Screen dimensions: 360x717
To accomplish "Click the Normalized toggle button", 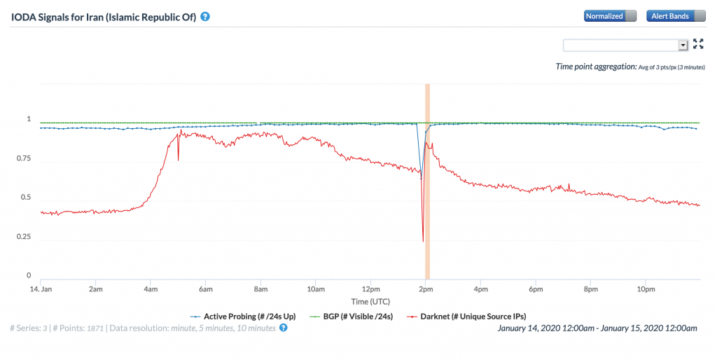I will (x=611, y=16).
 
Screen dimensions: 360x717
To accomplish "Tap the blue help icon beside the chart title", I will (x=205, y=16).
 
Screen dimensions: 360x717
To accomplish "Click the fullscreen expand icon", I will (x=698, y=44).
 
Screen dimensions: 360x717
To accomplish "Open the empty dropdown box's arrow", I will (x=683, y=45).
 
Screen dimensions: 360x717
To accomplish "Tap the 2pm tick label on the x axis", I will (x=424, y=289).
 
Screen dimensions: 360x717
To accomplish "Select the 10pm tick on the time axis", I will (x=646, y=289).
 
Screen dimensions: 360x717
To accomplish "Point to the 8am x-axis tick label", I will (x=260, y=289).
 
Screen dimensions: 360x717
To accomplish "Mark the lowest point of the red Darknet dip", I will (x=423, y=242).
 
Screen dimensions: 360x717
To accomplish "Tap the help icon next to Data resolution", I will (x=283, y=328).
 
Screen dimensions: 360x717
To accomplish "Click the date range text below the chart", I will (x=597, y=328).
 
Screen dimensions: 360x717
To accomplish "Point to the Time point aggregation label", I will (x=595, y=67).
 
